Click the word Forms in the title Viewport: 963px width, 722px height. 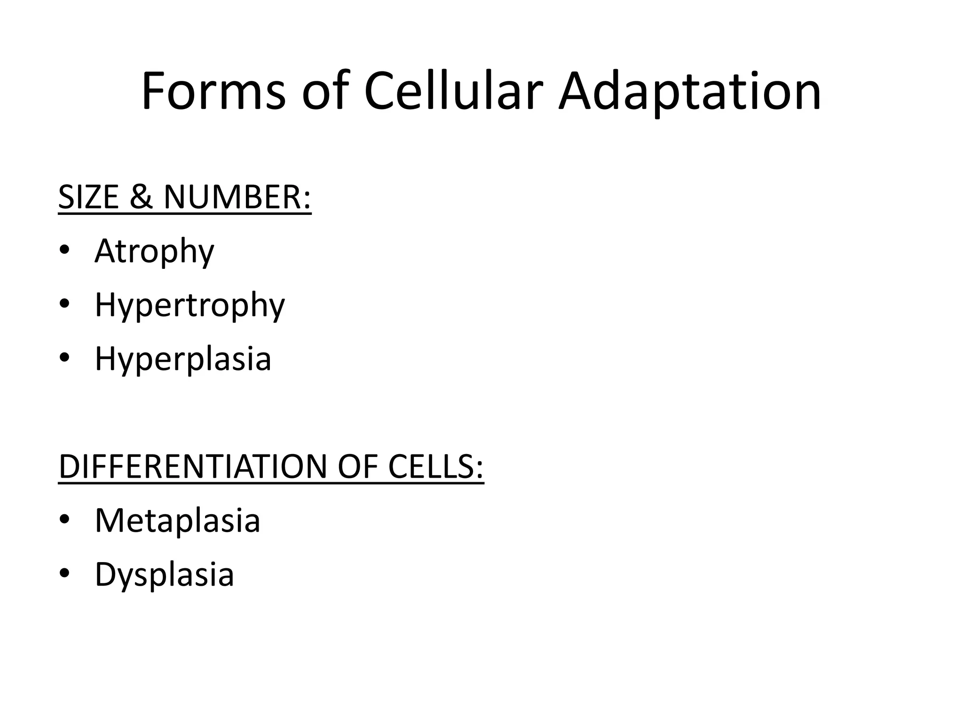(213, 92)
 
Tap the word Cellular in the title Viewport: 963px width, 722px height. (453, 92)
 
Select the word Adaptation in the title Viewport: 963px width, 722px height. (690, 92)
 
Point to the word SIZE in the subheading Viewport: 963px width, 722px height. (88, 197)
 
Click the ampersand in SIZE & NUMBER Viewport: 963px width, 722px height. (141, 197)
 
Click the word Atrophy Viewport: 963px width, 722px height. (154, 251)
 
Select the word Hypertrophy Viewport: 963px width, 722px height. (189, 306)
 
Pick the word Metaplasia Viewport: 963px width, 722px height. (177, 521)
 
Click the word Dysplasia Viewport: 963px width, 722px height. (164, 574)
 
